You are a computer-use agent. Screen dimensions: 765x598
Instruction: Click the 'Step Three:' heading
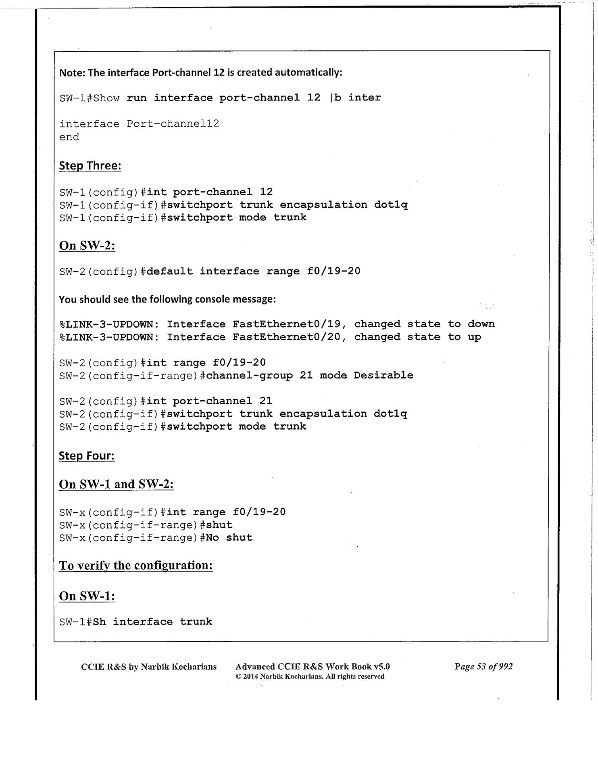pos(90,166)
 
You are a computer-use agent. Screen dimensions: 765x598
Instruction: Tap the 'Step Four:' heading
pos(87,456)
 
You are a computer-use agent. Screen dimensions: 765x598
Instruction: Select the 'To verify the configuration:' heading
pos(136,566)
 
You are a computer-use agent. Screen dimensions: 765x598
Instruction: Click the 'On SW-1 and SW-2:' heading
pos(116,484)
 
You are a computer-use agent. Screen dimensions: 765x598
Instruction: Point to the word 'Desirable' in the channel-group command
pos(383,375)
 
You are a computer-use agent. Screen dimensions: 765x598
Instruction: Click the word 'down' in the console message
pos(481,324)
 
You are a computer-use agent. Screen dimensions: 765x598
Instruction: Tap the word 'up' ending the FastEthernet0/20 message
pos(474,337)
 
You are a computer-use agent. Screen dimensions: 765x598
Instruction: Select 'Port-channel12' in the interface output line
pos(173,123)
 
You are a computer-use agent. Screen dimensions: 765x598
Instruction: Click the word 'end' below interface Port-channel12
pos(69,137)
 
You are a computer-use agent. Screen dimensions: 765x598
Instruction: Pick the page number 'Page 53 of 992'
pos(483,666)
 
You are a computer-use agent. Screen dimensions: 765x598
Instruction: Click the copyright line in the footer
pos(310,676)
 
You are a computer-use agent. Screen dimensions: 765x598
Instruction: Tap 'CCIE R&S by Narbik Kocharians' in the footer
pos(149,667)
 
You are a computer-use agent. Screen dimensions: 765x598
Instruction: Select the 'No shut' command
pos(229,537)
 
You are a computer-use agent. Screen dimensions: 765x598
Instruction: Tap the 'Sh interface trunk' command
pos(152,621)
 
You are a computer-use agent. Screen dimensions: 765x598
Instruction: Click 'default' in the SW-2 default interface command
pos(170,271)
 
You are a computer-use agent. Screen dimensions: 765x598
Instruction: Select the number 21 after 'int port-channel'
pos(266,401)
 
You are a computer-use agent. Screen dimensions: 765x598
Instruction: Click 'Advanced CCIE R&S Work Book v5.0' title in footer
pos(313,667)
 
